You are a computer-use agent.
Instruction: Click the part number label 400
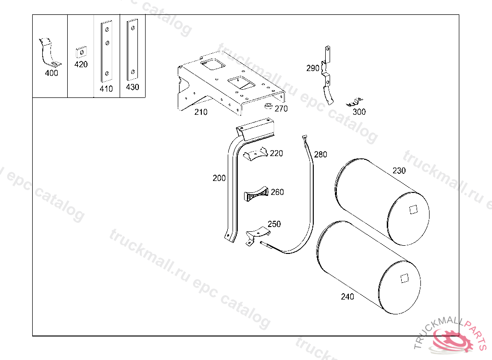pos(51,73)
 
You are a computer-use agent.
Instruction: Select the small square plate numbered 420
pos(81,52)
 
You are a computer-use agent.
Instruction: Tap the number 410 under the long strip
pos(106,89)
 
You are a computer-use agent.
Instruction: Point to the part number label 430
pos(133,87)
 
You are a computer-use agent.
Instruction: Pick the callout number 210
pos(201,112)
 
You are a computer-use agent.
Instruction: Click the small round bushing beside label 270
pos(268,106)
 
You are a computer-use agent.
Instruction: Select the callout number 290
pos(313,68)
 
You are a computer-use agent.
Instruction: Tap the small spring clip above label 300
pos(355,103)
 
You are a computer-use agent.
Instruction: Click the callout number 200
pos(219,178)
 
